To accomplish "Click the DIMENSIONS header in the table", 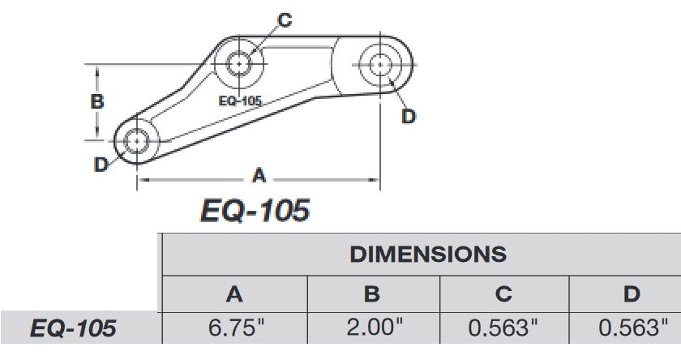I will click(427, 254).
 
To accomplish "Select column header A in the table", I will click(234, 294).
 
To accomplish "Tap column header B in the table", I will click(372, 294).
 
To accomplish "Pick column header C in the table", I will click(503, 294).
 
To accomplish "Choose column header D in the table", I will click(632, 294).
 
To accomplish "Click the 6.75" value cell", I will click(234, 328).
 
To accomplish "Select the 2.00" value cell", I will click(372, 328).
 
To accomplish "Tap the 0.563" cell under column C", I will click(503, 328).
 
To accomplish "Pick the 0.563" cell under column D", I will click(632, 328).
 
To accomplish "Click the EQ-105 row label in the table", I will click(73, 328).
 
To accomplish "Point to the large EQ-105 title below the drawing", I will click(255, 211).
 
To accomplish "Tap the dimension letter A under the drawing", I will click(259, 174).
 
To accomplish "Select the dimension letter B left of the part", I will click(96, 102).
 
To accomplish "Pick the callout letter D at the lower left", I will click(101, 165).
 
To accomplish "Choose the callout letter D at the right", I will click(409, 117).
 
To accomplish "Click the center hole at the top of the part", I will click(240, 62).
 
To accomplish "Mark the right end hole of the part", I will click(380, 63).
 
